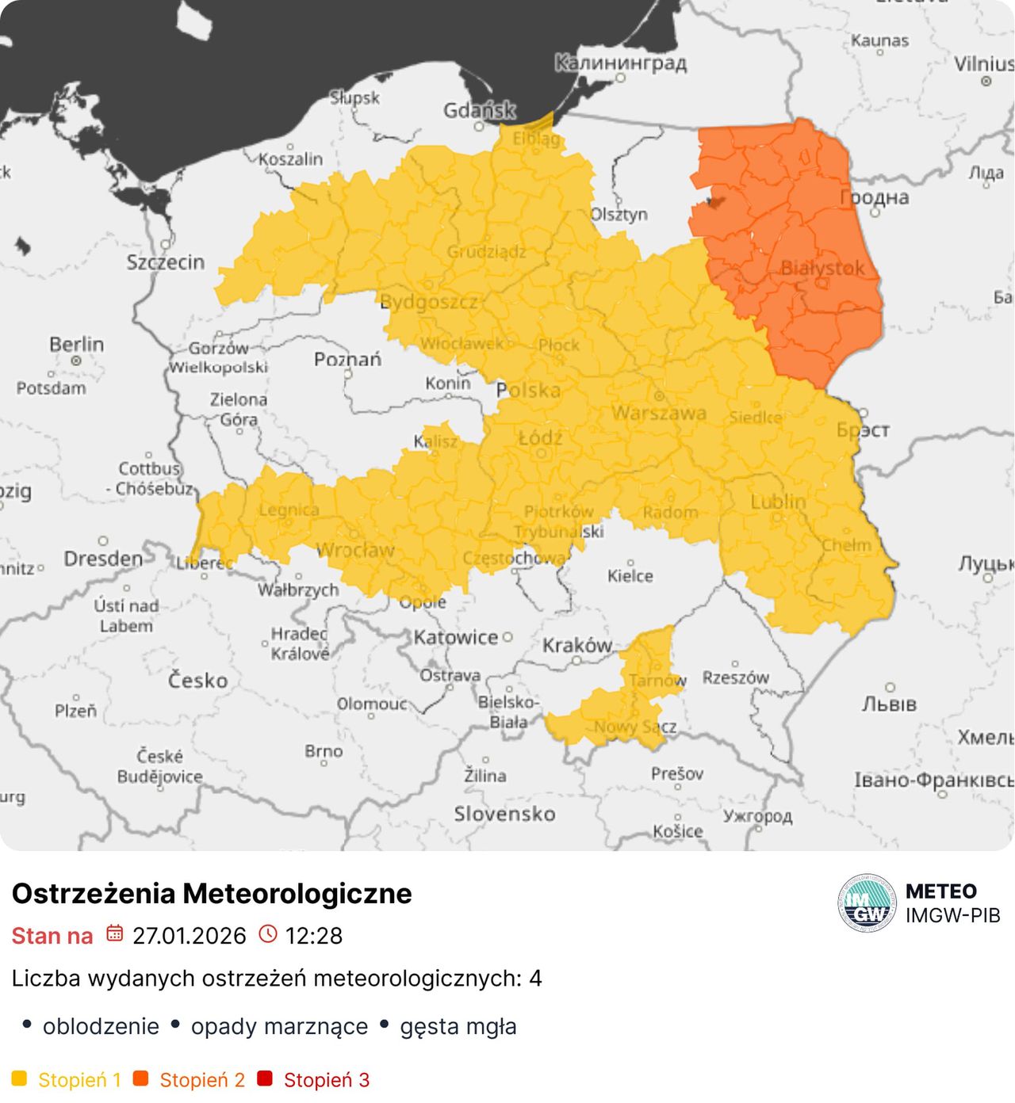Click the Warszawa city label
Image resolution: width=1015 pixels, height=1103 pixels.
(x=658, y=413)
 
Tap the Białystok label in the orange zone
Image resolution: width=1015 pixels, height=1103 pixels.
(x=822, y=268)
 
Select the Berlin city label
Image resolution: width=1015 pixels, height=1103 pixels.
(x=76, y=345)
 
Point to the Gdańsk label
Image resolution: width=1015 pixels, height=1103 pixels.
(x=479, y=110)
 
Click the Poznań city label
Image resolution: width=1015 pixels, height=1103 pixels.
(x=347, y=360)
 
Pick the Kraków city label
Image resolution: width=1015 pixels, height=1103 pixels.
(x=577, y=646)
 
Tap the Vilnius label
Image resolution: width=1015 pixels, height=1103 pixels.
(x=983, y=64)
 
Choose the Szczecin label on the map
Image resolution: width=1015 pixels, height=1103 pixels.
(x=166, y=262)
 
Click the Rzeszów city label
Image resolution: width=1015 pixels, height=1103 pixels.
(x=735, y=677)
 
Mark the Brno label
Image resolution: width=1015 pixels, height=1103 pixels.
(x=324, y=751)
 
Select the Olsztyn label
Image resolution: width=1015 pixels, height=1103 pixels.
(x=619, y=215)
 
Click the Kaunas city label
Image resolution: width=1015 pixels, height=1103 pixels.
(x=879, y=40)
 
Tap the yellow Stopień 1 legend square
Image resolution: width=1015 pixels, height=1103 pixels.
(x=19, y=1078)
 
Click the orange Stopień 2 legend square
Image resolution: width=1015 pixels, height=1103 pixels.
(x=140, y=1078)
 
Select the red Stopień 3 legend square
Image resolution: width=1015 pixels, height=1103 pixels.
(x=265, y=1078)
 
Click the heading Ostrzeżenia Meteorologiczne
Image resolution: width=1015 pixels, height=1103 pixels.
(x=212, y=893)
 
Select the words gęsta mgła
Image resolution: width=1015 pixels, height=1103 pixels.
(x=458, y=1026)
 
